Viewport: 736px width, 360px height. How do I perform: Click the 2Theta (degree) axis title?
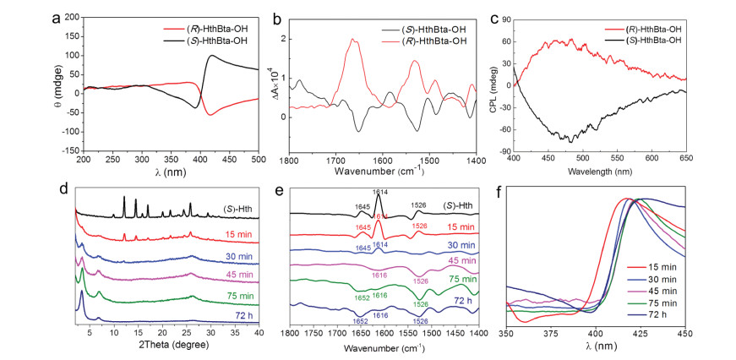(x=166, y=346)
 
